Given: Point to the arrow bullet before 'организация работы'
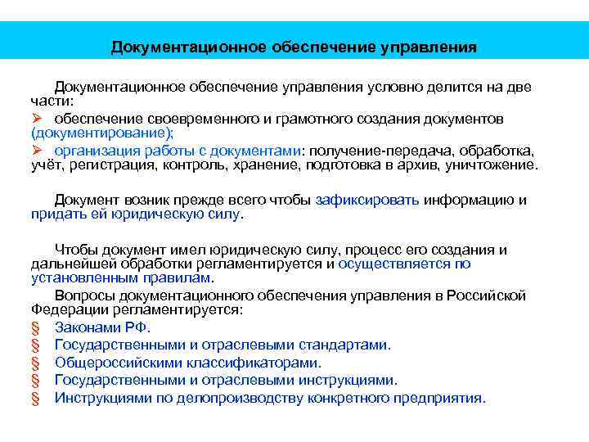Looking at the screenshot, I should pos(37,151).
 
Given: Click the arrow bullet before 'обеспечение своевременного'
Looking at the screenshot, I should pos(37,119).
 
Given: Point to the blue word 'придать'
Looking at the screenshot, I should pos(55,214).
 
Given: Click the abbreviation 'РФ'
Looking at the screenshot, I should pos(136,328).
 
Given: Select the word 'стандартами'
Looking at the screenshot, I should pos(345,345).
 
